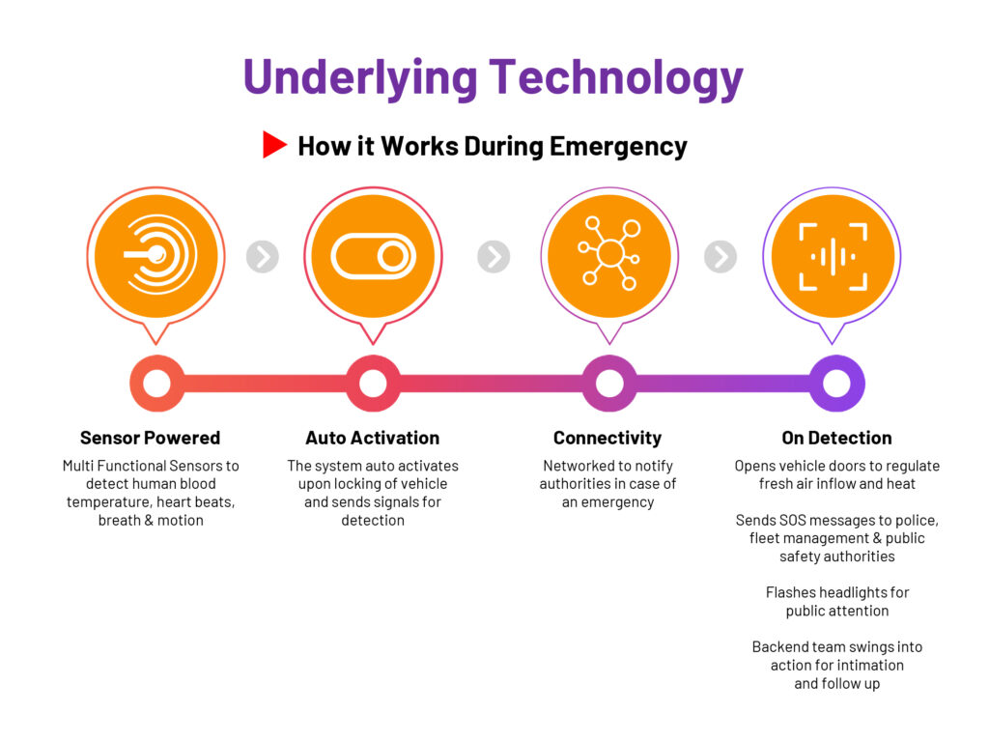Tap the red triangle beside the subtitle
(x=274, y=145)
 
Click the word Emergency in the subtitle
(x=618, y=147)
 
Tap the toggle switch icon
(x=373, y=256)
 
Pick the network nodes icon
(x=609, y=255)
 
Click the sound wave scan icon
(x=833, y=256)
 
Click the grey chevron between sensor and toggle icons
(x=263, y=256)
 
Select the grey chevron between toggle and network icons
(x=494, y=256)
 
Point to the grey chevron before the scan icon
(x=721, y=256)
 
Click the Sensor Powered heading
(x=150, y=438)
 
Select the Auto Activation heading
(x=372, y=438)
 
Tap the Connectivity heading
(x=608, y=438)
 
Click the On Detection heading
(x=836, y=438)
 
